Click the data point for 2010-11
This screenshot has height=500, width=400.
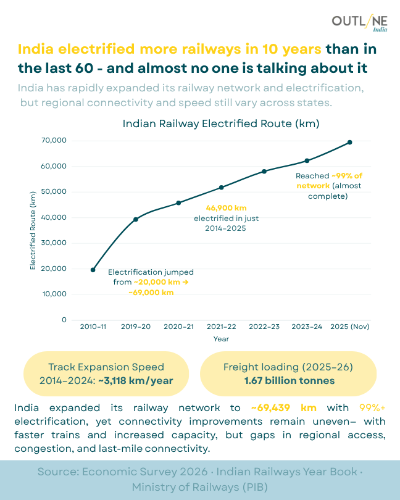(x=93, y=270)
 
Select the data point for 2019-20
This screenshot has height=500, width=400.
(x=136, y=219)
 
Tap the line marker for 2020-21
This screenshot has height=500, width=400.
(x=178, y=203)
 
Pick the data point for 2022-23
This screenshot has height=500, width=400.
(x=264, y=171)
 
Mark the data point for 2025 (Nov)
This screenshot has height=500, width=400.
(x=350, y=142)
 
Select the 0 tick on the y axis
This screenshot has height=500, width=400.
(x=64, y=320)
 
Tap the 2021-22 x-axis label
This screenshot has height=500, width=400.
(x=221, y=327)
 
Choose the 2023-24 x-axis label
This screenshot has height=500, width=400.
(x=307, y=327)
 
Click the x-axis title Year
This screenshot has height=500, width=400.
(x=222, y=339)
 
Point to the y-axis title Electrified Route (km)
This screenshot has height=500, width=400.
(x=33, y=230)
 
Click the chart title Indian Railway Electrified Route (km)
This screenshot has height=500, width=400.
(x=221, y=123)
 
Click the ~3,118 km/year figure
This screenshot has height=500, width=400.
(x=135, y=380)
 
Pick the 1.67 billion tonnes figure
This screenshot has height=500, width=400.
(x=288, y=380)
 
